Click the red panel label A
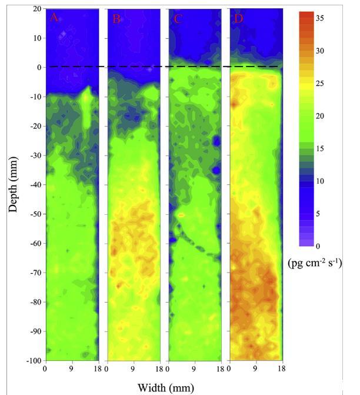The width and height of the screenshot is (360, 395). pyautogui.click(x=54, y=18)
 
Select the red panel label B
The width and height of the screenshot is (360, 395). pyautogui.click(x=116, y=19)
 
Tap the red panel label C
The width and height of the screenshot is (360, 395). pyautogui.click(x=178, y=19)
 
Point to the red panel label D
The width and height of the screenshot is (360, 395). pyautogui.click(x=238, y=19)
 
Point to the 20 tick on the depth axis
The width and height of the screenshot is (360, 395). pyautogui.click(x=35, y=9)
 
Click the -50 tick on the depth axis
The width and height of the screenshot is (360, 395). pyautogui.click(x=33, y=214)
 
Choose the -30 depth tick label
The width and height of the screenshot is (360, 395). pyautogui.click(x=33, y=155)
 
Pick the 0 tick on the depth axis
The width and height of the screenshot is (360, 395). pyautogui.click(x=38, y=67)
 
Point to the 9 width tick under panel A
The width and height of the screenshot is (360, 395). pyautogui.click(x=72, y=369)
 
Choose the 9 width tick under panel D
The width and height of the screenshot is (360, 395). pyautogui.click(x=256, y=369)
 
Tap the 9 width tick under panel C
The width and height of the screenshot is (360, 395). pyautogui.click(x=195, y=369)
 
